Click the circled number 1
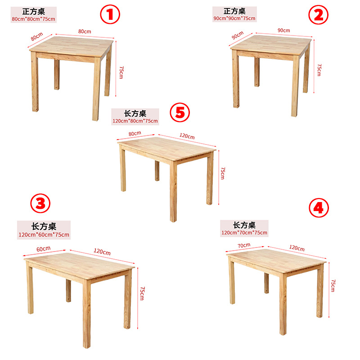point(110,14)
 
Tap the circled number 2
point(318,15)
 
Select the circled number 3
point(40,203)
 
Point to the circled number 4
point(319,208)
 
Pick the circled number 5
point(180,112)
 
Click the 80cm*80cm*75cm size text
point(33,19)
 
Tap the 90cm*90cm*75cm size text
point(234,18)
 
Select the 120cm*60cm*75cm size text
point(44,234)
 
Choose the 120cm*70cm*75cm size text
point(244,233)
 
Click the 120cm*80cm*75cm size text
point(135,121)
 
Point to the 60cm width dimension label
point(43,249)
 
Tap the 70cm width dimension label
point(244,245)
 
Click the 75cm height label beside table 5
point(223,173)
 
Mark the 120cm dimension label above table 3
point(102,252)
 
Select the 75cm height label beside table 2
point(319,70)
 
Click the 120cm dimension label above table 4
point(297,248)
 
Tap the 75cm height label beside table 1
point(121,72)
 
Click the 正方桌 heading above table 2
point(234,11)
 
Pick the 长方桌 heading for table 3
point(44,226)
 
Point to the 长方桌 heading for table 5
point(135,113)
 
